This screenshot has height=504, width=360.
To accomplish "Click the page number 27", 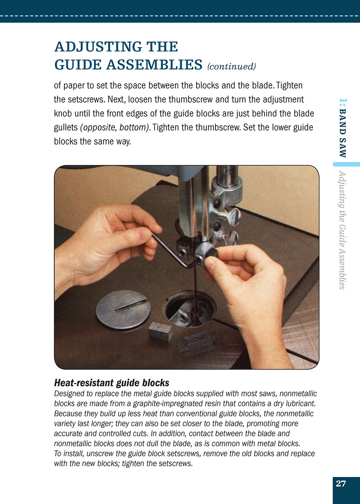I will coord(341,483).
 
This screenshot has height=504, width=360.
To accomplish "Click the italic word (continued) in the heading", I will coord(231,67).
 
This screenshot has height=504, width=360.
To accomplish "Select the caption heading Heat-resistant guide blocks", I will coord(112,383).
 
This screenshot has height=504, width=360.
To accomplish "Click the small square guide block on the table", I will coord(161,331).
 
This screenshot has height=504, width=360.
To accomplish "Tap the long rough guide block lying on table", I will coord(198,341).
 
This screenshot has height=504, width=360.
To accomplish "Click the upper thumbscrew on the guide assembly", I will coord(233,216).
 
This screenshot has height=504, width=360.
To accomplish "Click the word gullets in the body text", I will coord(66,127).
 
